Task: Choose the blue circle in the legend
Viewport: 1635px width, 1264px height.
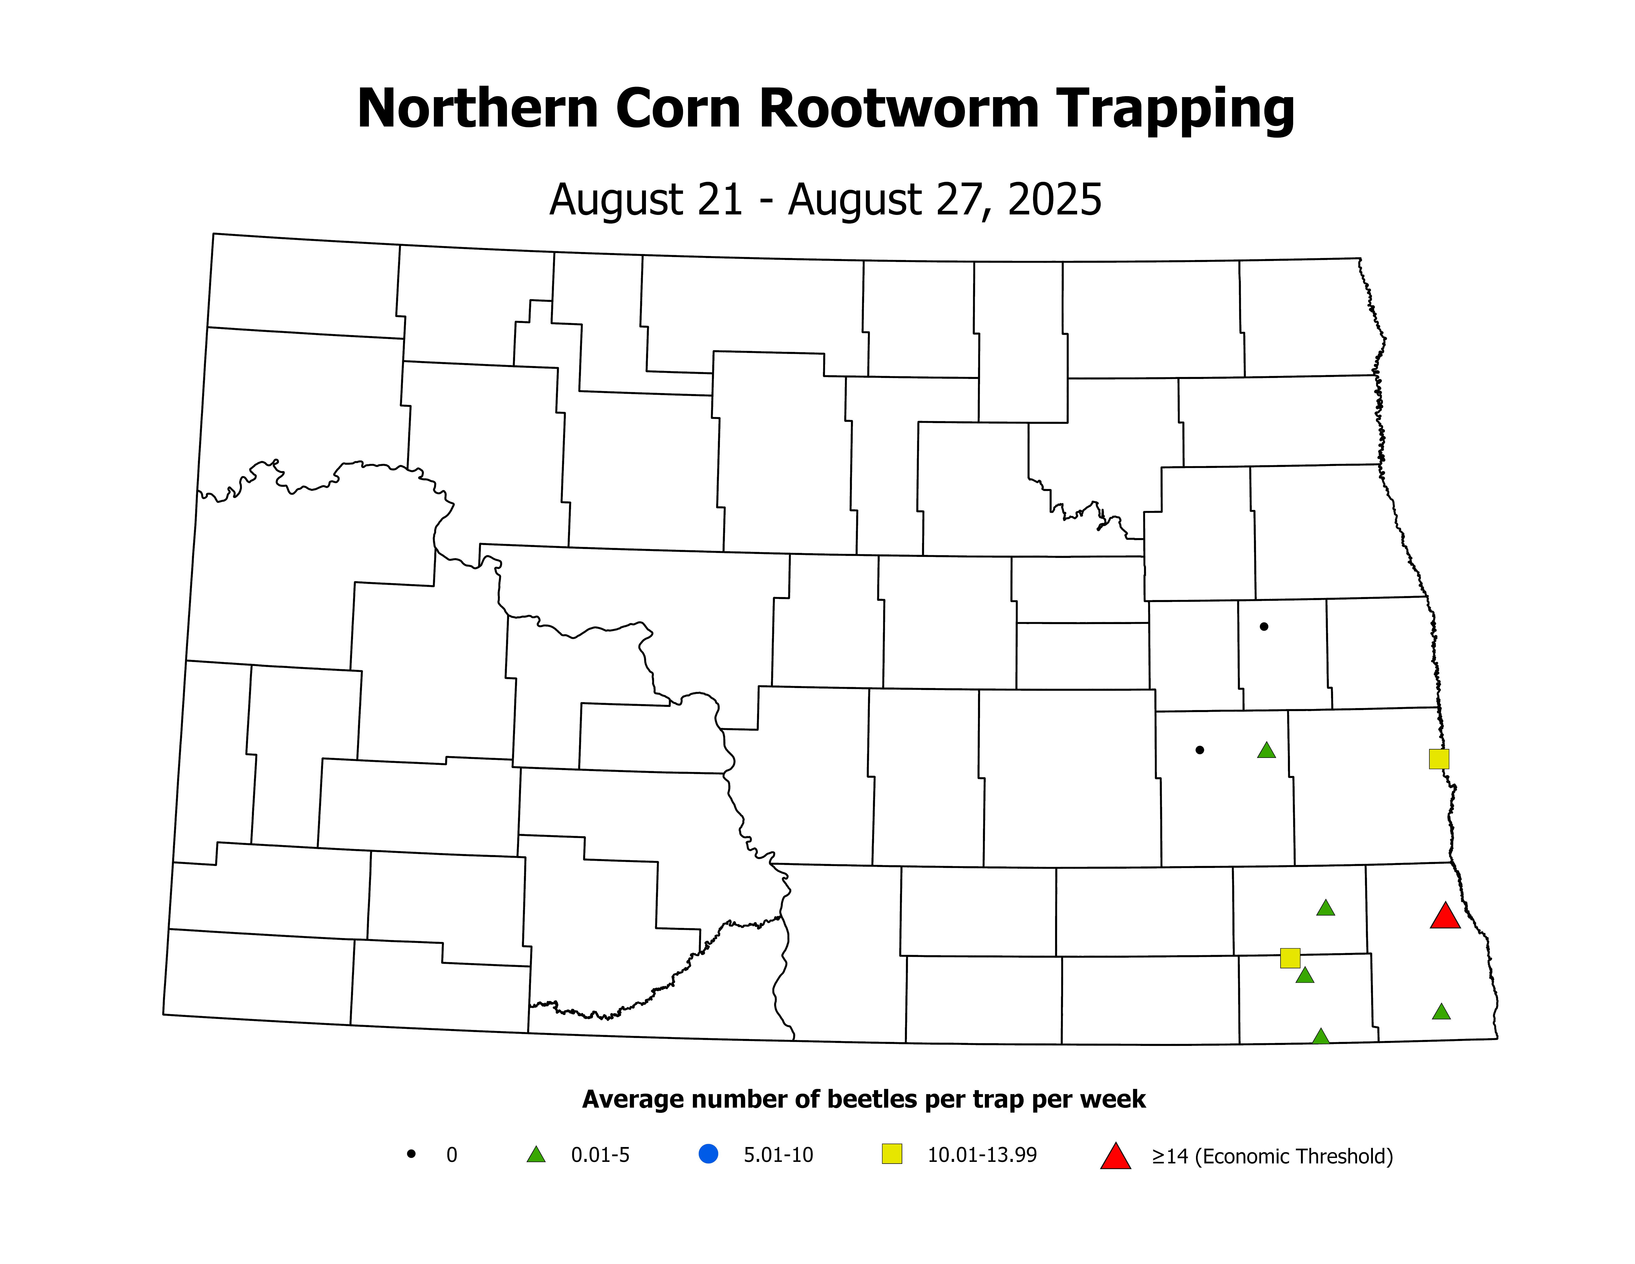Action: coord(708,1154)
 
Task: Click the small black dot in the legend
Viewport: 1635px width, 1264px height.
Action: coord(411,1154)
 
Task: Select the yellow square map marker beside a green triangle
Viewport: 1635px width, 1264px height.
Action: coord(1290,958)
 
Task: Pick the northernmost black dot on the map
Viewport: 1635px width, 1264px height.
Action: coord(1264,627)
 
